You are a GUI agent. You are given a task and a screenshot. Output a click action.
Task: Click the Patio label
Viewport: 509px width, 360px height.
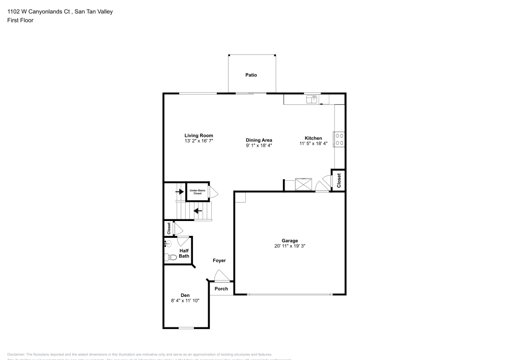[x=251, y=75]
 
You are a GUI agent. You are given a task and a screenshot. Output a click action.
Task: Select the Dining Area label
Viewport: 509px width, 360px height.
[x=259, y=140]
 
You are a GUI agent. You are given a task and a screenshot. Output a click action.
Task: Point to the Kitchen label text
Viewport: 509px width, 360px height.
[x=313, y=139]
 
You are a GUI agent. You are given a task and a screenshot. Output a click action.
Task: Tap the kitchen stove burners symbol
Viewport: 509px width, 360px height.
[x=339, y=140]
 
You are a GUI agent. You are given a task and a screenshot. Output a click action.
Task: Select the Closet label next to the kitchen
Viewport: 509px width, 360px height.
[x=340, y=180]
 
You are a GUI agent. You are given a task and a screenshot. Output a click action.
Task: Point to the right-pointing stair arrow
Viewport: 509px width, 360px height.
[x=179, y=192]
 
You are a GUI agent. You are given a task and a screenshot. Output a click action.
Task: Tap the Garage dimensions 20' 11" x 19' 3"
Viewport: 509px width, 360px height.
[x=290, y=246]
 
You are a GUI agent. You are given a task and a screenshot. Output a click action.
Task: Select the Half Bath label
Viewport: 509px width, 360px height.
[x=184, y=253]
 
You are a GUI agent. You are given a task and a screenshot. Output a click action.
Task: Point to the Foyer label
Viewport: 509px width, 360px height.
[x=219, y=261]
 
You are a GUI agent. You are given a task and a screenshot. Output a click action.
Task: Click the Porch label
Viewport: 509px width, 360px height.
[x=221, y=289]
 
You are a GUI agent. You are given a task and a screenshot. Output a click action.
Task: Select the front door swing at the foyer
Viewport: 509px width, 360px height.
[x=221, y=276]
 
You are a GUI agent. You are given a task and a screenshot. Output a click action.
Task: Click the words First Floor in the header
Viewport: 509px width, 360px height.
[x=20, y=20]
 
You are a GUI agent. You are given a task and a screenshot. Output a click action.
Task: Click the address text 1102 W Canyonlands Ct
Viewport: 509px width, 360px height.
[x=40, y=11]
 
